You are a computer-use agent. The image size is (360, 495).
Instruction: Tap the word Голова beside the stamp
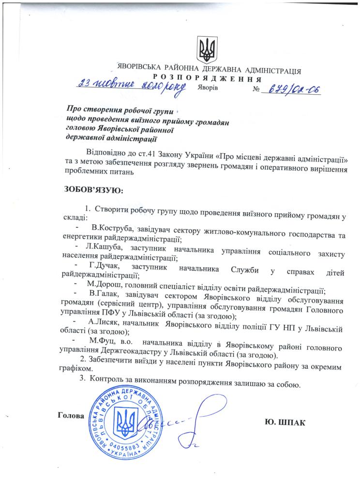click(71, 415)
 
